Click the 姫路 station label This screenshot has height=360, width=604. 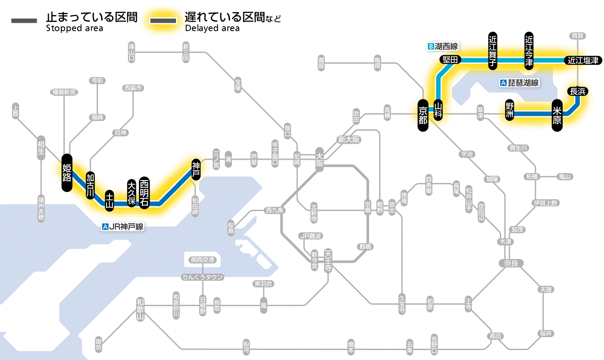click(x=67, y=172)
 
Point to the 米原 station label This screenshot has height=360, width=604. click(x=557, y=114)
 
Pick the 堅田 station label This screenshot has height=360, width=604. click(x=450, y=60)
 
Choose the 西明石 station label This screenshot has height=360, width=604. click(x=144, y=193)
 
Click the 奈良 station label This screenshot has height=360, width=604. click(x=511, y=263)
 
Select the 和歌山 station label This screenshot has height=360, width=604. click(x=140, y=309)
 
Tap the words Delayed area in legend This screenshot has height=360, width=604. click(x=212, y=28)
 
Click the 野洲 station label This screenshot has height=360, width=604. click(x=510, y=111)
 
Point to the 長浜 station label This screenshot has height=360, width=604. click(x=578, y=91)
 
